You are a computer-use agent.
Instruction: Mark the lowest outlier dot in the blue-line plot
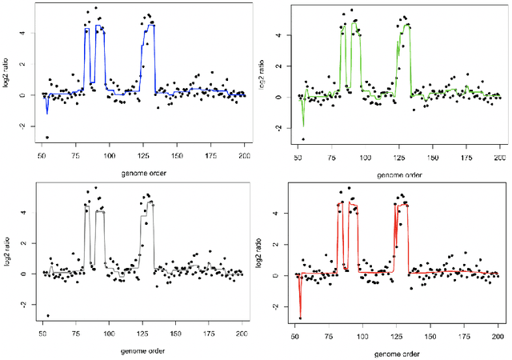click(x=46, y=137)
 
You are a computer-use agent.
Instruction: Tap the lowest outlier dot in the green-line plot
click(x=303, y=139)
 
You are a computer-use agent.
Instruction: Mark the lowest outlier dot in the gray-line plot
click(x=46, y=316)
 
